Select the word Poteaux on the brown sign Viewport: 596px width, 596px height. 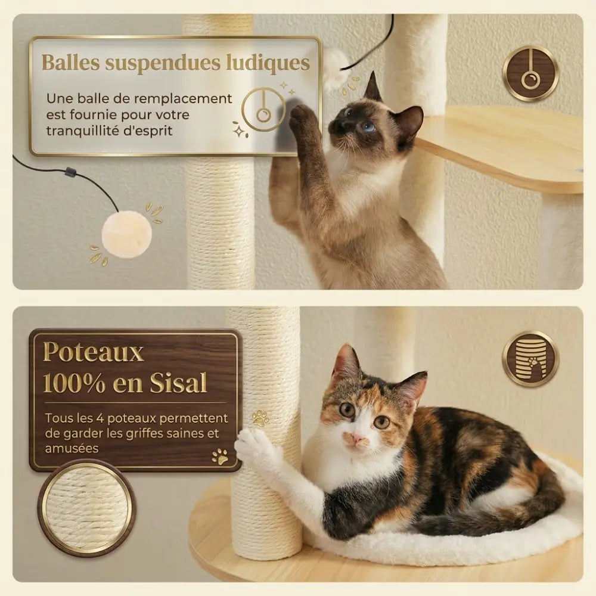(94, 353)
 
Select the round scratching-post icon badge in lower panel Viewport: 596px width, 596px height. (530, 359)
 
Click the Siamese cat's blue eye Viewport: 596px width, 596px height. (368, 127)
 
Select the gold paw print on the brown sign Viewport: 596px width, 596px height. (220, 457)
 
